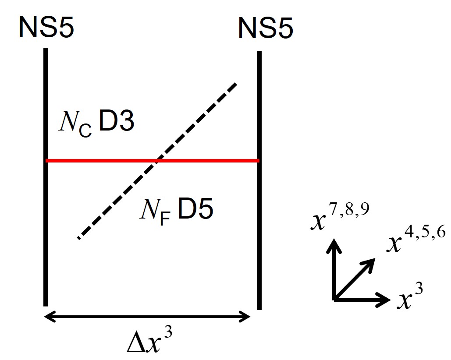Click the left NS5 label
click(x=46, y=28)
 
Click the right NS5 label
click(x=266, y=29)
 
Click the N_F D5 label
click(x=176, y=211)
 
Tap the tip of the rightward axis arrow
click(x=388, y=300)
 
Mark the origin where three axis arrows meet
click(x=335, y=300)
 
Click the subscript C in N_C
click(x=86, y=131)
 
